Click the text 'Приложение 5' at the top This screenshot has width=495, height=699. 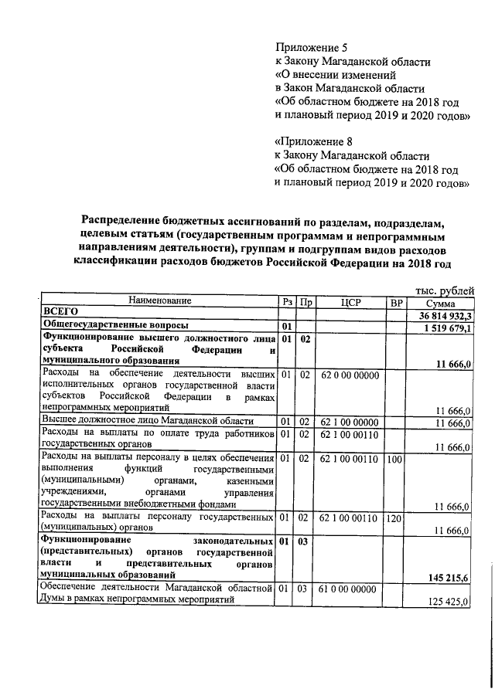pyautogui.click(x=309, y=48)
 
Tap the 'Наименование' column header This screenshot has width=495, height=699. pyautogui.click(x=160, y=300)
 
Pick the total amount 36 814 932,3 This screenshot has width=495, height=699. pyautogui.click(x=445, y=315)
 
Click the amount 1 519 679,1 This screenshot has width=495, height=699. pyautogui.click(x=447, y=327)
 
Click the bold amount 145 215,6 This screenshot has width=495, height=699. pyautogui.click(x=449, y=577)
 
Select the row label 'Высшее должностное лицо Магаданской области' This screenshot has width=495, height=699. pyautogui.click(x=147, y=420)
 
